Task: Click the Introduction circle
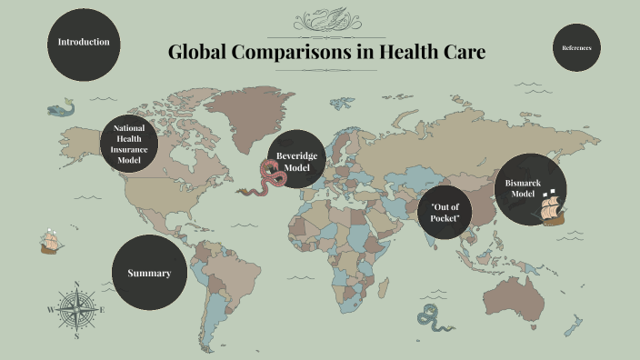84,43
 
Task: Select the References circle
576,46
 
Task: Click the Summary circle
149,273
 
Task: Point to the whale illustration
61,109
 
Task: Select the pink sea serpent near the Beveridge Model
267,178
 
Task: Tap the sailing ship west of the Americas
51,242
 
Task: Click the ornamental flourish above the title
326,19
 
